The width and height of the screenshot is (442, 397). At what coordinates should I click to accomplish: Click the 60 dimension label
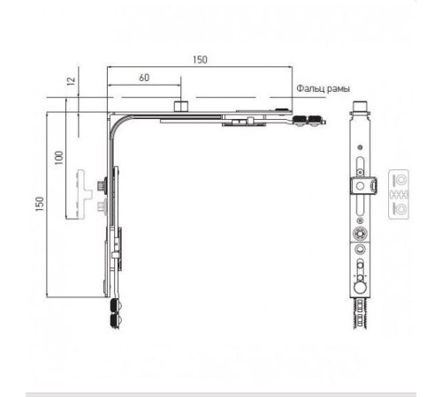(x=144, y=78)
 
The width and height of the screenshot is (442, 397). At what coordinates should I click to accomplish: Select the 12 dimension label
(x=72, y=81)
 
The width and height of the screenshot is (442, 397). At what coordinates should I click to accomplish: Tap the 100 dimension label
(x=59, y=158)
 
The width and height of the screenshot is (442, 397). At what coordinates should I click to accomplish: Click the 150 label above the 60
(x=200, y=60)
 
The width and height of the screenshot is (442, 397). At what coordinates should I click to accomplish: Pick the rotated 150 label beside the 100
(x=40, y=204)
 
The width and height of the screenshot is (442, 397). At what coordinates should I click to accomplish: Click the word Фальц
(x=309, y=88)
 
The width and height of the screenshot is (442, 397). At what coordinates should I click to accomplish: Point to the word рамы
(x=338, y=89)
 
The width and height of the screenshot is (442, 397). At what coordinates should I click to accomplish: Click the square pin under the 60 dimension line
(x=180, y=106)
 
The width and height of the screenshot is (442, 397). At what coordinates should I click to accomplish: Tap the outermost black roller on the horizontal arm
(x=316, y=121)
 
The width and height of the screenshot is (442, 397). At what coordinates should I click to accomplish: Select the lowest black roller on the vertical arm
(x=115, y=320)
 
